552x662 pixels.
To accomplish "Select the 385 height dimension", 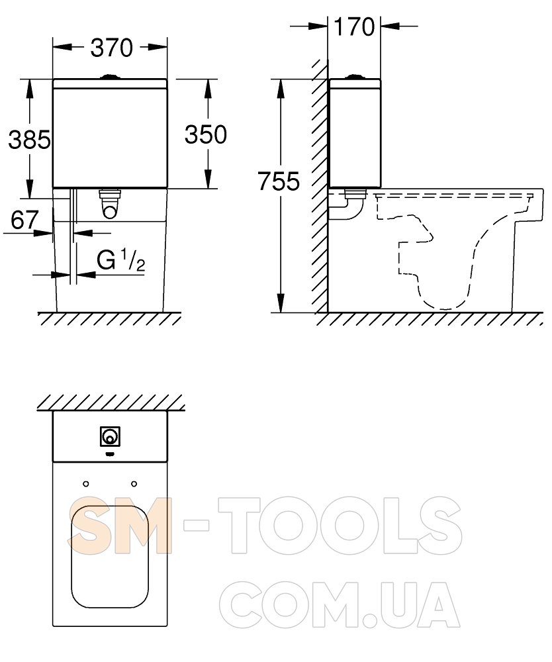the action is pos(30,140).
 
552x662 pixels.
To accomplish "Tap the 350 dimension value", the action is pos(206,134).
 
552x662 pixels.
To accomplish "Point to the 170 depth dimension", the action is pos(354,26).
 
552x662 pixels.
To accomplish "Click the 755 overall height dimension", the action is pos(279,181).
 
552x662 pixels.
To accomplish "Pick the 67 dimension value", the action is pos(24,220).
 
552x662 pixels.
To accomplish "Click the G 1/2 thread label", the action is pos(121,260).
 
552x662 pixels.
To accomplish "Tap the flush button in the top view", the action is pos(111,436).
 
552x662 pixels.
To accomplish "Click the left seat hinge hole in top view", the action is pos(86,484).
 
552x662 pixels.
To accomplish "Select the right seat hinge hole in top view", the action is pos(134,484).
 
